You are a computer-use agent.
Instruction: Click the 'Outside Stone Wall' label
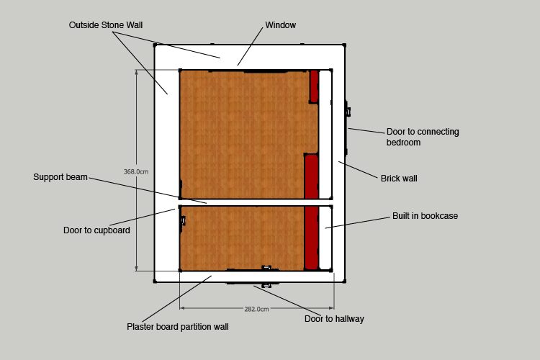(106, 25)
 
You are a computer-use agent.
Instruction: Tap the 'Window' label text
(280, 25)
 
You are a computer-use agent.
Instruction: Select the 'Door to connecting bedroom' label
(423, 137)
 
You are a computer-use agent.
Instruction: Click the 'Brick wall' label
(399, 179)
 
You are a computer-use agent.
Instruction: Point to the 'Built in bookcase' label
(425, 216)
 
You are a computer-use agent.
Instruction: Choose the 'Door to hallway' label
(334, 319)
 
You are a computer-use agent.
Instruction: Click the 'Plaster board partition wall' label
(177, 327)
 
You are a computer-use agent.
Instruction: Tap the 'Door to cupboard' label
(96, 230)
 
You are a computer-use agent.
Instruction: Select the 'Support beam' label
(60, 177)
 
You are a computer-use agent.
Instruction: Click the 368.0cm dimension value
(136, 171)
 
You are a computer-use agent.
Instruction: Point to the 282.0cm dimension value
(256, 310)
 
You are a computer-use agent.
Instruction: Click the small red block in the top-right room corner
(314, 86)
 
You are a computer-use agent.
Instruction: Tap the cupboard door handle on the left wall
(183, 220)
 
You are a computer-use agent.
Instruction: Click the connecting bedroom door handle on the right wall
(348, 112)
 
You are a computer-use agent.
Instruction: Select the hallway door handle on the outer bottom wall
(266, 285)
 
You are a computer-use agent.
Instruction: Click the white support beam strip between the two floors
(256, 202)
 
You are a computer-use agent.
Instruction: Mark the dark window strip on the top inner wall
(265, 71)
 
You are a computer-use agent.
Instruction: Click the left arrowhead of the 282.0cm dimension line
(182, 307)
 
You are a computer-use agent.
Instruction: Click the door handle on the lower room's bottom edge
(266, 268)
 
